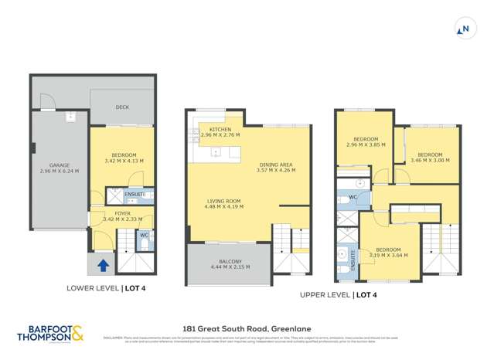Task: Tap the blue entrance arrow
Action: (x=102, y=267)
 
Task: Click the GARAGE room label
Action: (x=60, y=165)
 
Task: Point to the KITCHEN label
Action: (x=215, y=129)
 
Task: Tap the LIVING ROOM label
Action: (x=223, y=202)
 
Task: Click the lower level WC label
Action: (x=144, y=234)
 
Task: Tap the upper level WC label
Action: (x=352, y=196)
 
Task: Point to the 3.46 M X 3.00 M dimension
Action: (x=430, y=160)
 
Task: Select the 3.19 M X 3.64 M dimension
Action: (x=389, y=255)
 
